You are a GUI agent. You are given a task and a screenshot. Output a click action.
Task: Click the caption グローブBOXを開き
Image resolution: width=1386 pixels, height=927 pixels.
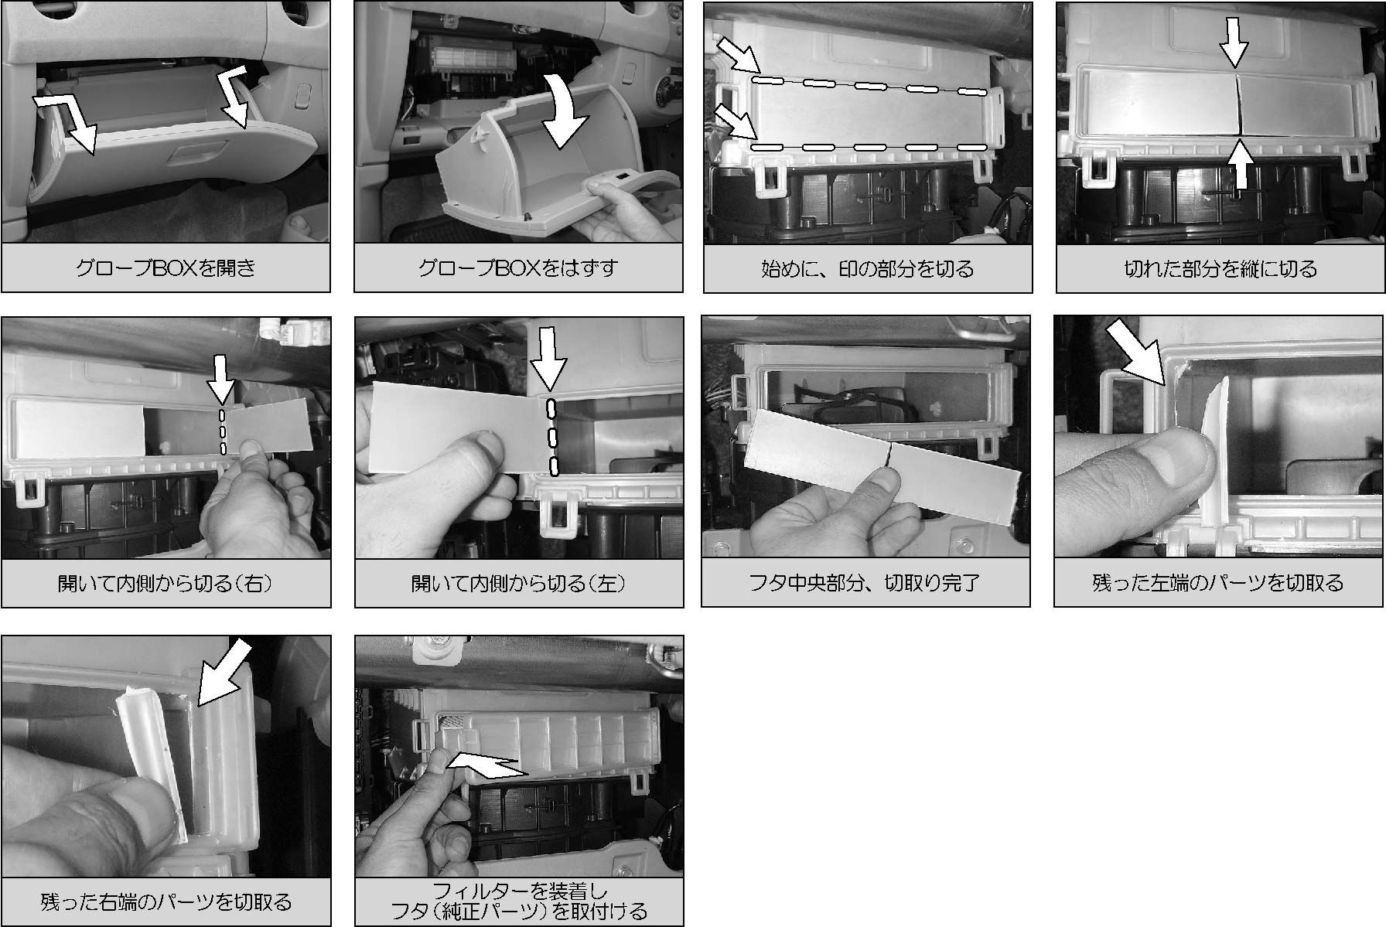click(x=166, y=268)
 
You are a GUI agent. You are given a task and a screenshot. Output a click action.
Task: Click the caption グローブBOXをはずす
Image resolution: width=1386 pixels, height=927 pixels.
click(x=518, y=268)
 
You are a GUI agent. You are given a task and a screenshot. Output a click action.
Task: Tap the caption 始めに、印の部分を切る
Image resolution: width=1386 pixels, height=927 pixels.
click(x=868, y=268)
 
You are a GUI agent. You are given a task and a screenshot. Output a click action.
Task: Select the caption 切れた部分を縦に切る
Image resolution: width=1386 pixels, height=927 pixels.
click(x=1220, y=268)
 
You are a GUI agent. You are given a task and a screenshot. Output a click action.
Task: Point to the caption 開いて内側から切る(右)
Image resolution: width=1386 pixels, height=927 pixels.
click(x=166, y=583)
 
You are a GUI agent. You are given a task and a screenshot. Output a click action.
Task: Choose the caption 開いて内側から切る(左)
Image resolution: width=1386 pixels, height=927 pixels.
click(x=518, y=583)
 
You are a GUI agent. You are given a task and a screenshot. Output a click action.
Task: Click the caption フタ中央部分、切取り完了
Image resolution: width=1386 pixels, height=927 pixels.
click(x=865, y=583)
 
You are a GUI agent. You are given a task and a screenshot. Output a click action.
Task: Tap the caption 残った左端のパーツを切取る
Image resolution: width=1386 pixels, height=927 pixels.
click(x=1218, y=583)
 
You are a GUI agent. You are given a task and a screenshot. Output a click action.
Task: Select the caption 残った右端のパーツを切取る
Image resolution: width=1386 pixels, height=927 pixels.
click(x=166, y=901)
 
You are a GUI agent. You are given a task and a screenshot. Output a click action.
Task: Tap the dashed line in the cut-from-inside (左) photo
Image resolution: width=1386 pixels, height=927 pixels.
click(x=552, y=437)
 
